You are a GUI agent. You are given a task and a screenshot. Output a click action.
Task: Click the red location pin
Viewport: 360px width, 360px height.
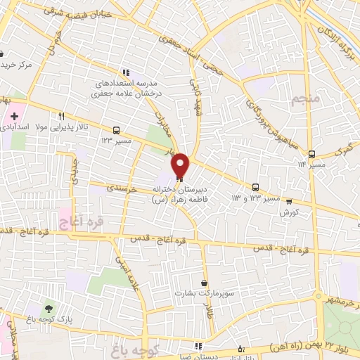tap(181, 165)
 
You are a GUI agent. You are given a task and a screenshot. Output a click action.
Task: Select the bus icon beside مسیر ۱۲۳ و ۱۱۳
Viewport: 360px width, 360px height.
tap(255, 187)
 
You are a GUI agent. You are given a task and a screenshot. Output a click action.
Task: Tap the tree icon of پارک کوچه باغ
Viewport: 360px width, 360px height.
tap(49, 309)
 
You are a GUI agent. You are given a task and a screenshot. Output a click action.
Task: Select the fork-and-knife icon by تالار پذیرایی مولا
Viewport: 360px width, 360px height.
tap(62, 117)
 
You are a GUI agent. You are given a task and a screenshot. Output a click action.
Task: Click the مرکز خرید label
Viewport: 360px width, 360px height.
tap(17, 64)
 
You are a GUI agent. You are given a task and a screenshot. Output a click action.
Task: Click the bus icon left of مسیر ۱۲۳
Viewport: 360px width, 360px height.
tap(115, 130)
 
